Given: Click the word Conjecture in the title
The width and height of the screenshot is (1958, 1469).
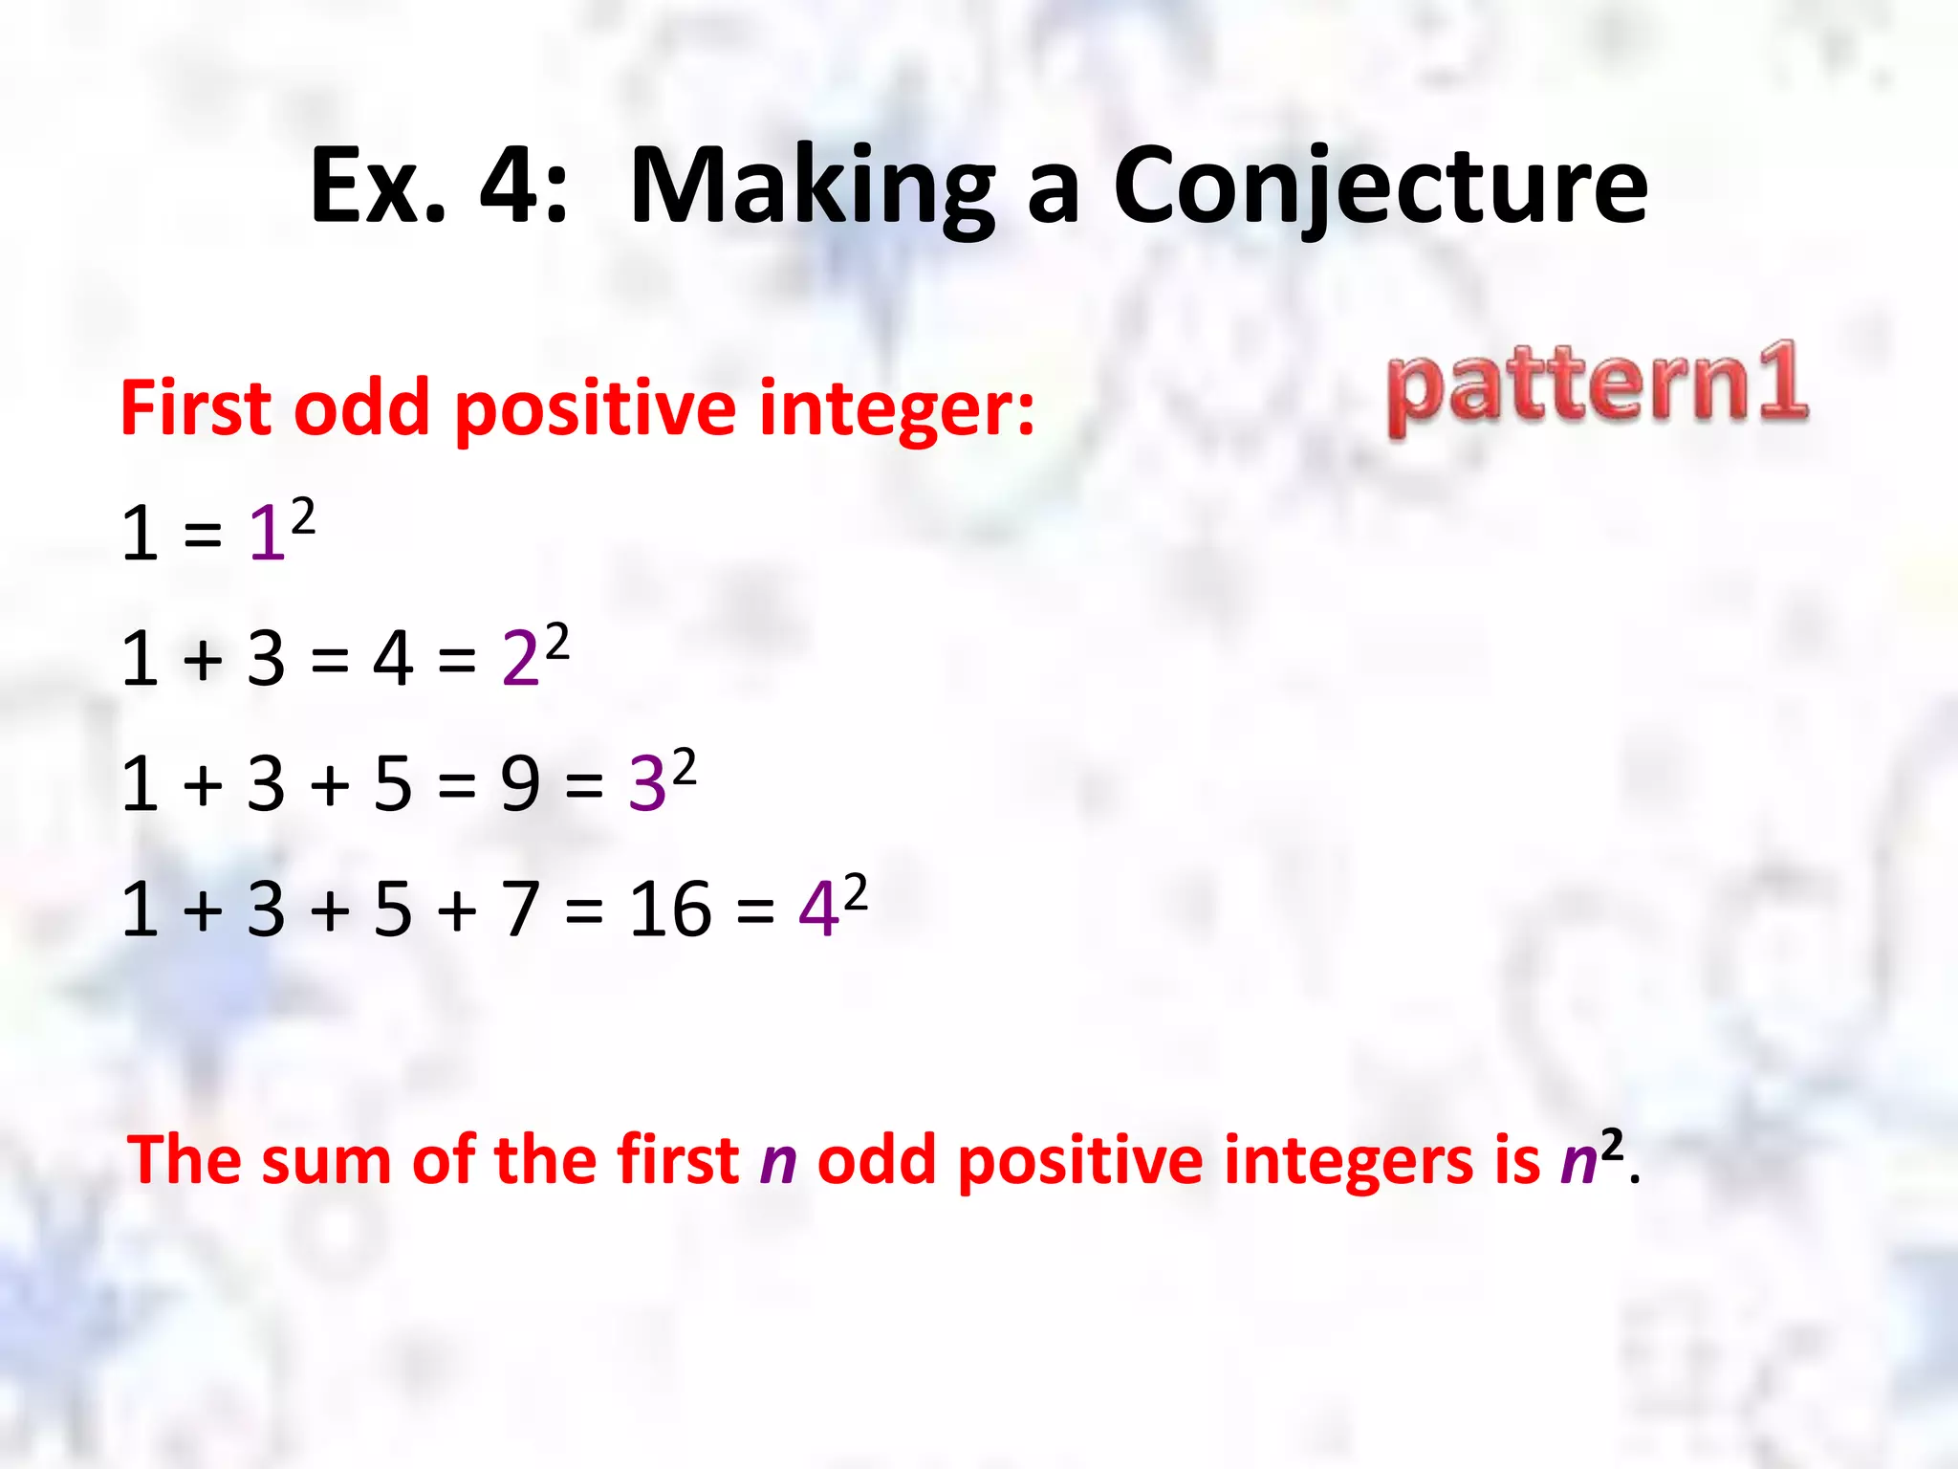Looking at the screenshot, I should [x=1381, y=186].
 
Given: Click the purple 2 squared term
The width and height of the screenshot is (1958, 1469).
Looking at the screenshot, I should [x=533, y=656].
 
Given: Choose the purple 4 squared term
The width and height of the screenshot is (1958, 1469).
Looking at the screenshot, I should [x=830, y=906].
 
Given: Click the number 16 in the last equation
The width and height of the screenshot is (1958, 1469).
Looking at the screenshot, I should [x=669, y=909].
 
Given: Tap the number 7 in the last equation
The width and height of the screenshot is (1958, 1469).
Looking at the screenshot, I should [x=521, y=909].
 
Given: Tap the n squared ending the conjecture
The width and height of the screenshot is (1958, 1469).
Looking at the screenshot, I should [x=1591, y=1157].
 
